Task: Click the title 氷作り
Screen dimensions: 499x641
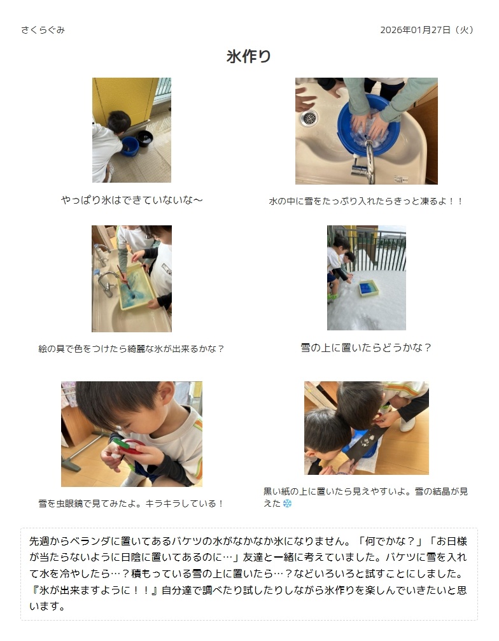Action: click(249, 56)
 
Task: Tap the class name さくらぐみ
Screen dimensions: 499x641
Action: click(43, 30)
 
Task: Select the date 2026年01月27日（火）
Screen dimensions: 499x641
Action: click(427, 30)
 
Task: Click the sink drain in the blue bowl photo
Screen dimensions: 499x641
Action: click(309, 118)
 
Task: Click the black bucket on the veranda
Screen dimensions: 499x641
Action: click(145, 138)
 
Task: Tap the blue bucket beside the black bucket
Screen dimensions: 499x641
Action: click(130, 146)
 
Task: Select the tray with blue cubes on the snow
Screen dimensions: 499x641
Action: click(369, 288)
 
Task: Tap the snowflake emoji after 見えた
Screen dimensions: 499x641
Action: click(288, 504)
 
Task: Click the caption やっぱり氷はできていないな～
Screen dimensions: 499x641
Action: click(132, 200)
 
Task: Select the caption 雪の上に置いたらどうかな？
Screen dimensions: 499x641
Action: click(366, 348)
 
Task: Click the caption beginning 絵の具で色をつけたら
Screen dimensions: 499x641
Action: click(131, 349)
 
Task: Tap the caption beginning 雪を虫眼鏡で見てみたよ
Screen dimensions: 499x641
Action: click(131, 504)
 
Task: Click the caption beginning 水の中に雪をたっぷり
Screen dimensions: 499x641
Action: click(366, 201)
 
